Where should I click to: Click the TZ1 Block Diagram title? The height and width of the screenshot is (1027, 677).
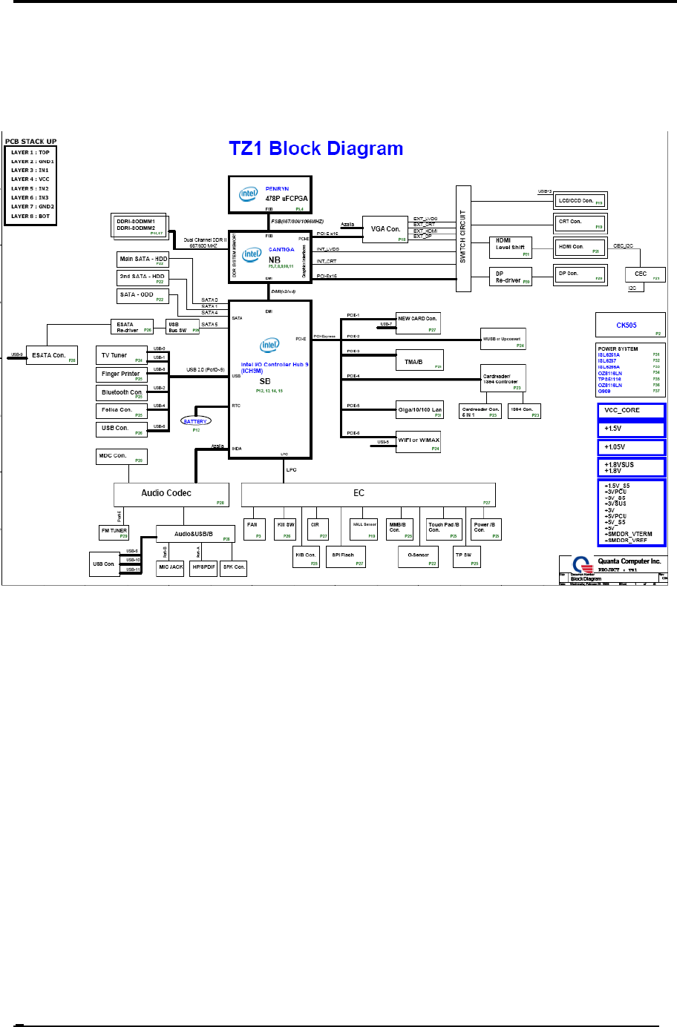pos(316,148)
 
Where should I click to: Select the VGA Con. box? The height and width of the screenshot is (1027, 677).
pos(385,230)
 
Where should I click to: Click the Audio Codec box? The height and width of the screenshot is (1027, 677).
pos(171,495)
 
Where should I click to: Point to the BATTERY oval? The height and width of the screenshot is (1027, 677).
pos(196,421)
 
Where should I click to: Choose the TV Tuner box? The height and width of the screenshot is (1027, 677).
pos(121,356)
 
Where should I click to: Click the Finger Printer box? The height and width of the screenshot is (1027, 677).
pos(121,374)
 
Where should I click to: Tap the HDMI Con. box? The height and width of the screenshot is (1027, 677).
pos(579,248)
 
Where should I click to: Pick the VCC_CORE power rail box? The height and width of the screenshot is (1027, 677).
pos(631,410)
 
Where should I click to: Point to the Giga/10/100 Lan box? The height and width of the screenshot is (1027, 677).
pos(419,410)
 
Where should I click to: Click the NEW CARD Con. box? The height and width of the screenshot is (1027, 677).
pos(417,323)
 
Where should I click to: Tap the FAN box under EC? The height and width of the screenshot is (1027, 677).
pos(255,529)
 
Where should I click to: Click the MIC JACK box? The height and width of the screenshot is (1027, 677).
pos(171,567)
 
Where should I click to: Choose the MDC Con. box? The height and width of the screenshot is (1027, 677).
pos(122,457)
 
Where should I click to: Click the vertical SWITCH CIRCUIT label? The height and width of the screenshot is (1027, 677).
pos(463,237)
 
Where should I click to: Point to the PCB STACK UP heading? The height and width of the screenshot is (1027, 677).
pos(31,142)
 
